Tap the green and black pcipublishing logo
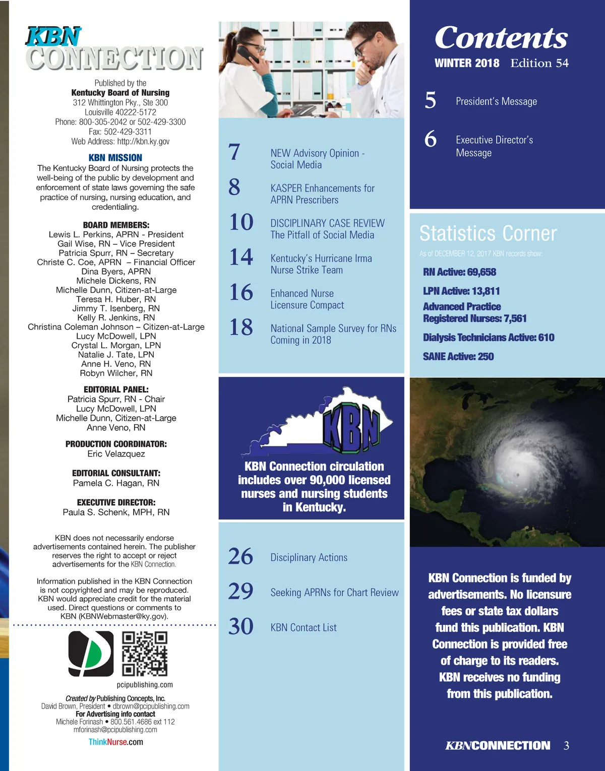coord(91,654)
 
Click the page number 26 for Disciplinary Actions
coord(240,556)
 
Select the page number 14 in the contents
coord(241,257)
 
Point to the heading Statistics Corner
coord(488,233)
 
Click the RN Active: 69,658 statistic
coord(459,272)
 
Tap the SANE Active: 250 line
coord(458,357)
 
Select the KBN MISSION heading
coord(115,158)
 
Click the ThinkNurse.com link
coord(115,742)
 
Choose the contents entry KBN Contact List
coord(304,627)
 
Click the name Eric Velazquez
coord(116,454)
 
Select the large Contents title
coord(501,38)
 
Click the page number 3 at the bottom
coord(566,745)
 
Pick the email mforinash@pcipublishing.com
coord(115,730)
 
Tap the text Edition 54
coord(539,63)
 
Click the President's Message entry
coord(496,101)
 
